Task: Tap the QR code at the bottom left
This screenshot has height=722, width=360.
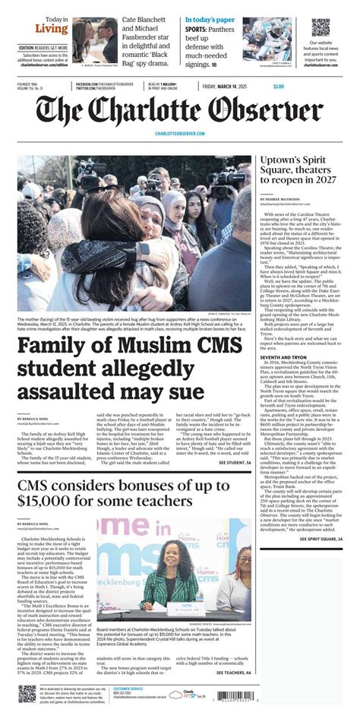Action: click(28, 695)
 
